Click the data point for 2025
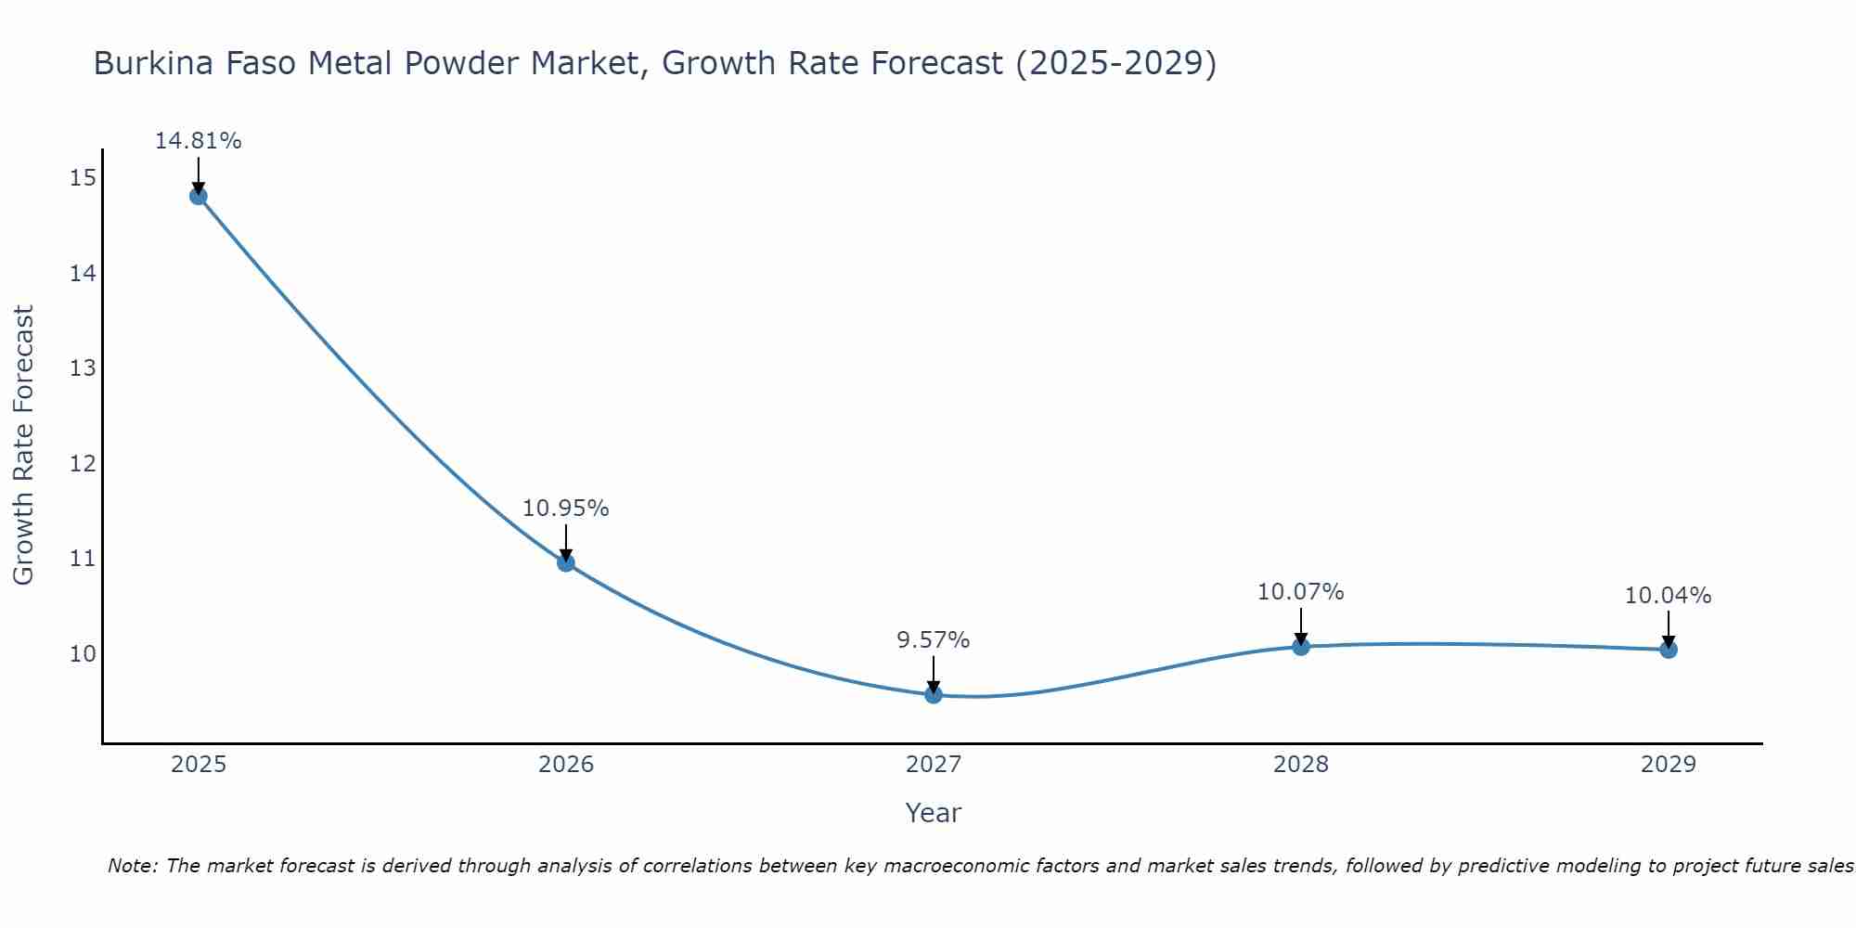pos(198,196)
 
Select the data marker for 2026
pos(566,562)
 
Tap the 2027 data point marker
pos(934,694)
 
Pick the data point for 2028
pos(1301,646)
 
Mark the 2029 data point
pos(1669,650)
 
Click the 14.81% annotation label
pos(198,141)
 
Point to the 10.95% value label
pos(565,509)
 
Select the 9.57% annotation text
pos(933,640)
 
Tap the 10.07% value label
pos(1300,592)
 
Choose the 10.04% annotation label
pos(1668,596)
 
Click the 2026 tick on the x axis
pos(566,765)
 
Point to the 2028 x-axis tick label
pos(1301,765)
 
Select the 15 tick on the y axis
pos(83,177)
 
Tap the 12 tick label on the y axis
pos(83,463)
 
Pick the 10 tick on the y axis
pos(83,654)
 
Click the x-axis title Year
pos(933,813)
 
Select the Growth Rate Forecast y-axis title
pos(23,445)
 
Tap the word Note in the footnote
pos(130,866)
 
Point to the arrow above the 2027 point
pos(934,673)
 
